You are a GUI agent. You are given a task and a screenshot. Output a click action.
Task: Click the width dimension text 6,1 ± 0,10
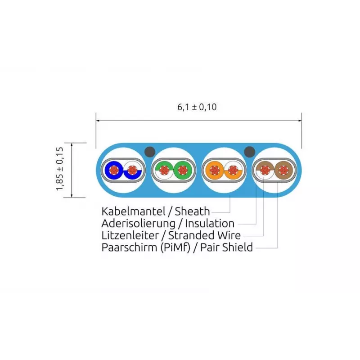[197, 107]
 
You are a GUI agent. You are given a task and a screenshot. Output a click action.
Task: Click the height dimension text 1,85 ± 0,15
[59, 169]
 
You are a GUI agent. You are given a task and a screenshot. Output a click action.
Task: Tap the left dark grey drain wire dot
[150, 152]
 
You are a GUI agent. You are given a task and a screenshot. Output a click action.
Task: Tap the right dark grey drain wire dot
[250, 152]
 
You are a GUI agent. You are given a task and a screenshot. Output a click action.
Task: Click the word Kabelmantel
[133, 211]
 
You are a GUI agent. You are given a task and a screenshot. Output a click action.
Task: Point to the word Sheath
[192, 211]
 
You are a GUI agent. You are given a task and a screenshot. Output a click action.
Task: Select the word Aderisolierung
[138, 223]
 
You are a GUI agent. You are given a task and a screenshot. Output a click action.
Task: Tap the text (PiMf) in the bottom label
[175, 247]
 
